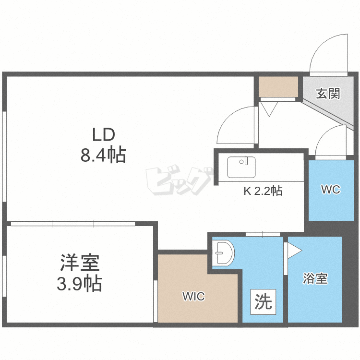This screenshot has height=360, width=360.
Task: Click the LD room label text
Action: (104, 135)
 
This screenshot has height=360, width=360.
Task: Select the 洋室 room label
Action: (80, 263)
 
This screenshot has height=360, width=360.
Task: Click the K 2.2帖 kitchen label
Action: (263, 191)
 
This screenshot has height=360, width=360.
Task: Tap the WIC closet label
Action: (193, 297)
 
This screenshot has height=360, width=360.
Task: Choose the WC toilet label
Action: (331, 190)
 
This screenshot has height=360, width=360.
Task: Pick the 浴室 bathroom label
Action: (315, 278)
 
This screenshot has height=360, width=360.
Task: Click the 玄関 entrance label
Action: (328, 94)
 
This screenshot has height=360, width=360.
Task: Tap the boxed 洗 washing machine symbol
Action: (263, 302)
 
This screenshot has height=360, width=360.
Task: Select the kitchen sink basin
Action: (241, 167)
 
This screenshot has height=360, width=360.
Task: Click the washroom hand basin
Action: (223, 252)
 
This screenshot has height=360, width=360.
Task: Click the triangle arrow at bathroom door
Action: (295, 251)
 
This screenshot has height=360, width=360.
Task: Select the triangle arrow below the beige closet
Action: (269, 109)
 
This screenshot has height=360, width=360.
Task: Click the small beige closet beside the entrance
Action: (278, 87)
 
